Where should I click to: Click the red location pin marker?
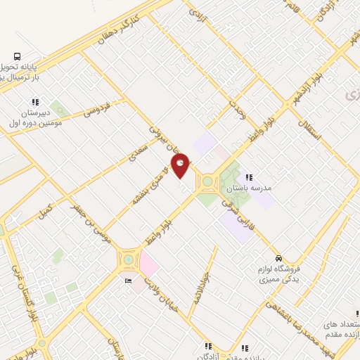pos(181,165)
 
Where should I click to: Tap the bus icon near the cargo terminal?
pos(17,56)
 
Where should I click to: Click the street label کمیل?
pos(46,209)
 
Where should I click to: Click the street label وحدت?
pos(238,112)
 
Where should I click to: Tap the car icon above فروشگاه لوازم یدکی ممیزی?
pos(279,257)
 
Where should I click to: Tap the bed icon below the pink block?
pos(127,281)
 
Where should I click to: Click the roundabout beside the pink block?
pos(128,260)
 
